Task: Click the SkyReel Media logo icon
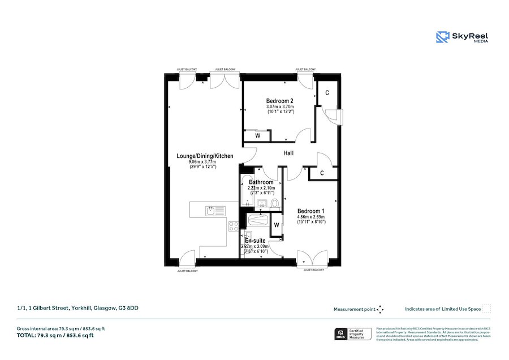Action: point(442,37)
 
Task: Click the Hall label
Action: point(288,153)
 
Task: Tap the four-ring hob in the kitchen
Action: point(233,226)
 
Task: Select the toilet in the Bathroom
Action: point(274,203)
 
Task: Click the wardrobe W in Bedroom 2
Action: point(257,135)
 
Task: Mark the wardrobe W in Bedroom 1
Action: point(277,225)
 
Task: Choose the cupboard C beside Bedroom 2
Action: point(327,93)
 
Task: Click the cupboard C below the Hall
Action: point(321,173)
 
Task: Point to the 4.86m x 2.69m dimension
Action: point(310,217)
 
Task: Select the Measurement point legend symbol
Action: point(381,309)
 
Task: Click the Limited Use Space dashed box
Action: point(486,309)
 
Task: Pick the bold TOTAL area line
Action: point(55,336)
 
